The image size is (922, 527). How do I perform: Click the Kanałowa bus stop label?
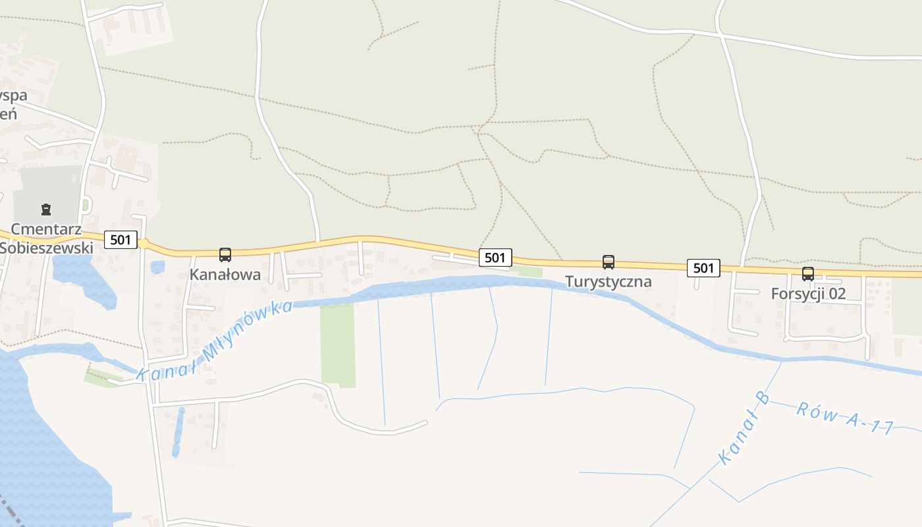point(225,274)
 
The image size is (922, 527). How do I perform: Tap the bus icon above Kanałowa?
point(225,254)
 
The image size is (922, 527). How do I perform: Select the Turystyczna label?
point(609,282)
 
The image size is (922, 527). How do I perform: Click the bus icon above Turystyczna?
point(609,262)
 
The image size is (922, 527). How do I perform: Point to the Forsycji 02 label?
point(808,294)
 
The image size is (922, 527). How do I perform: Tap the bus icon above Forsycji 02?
point(808,274)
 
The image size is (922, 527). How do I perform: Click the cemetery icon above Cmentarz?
point(45,210)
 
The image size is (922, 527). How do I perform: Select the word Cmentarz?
point(46,230)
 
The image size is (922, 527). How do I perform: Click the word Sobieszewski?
point(46,248)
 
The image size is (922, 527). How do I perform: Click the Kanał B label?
point(744,428)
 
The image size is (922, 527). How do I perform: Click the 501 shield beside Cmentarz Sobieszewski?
point(121,240)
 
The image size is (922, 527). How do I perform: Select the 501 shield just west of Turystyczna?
point(495,258)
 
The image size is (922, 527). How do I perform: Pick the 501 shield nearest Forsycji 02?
point(703,267)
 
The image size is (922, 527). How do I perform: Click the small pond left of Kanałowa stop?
point(157,267)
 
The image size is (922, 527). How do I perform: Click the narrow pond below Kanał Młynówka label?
point(178,431)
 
